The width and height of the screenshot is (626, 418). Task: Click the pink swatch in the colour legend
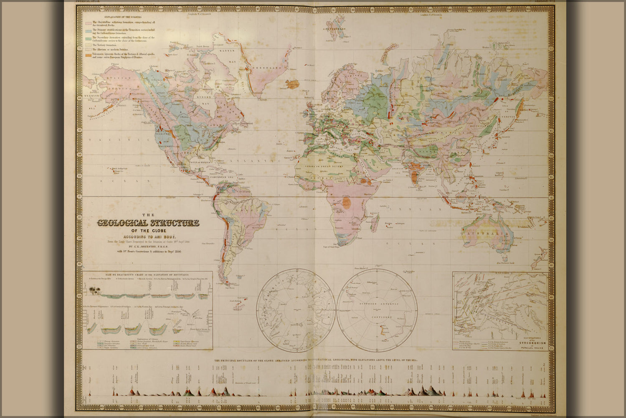(88, 23)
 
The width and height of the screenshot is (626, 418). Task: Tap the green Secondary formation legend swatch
(88, 38)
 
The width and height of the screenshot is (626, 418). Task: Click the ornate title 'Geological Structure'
(148, 223)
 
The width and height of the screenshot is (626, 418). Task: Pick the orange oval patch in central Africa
(346, 203)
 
